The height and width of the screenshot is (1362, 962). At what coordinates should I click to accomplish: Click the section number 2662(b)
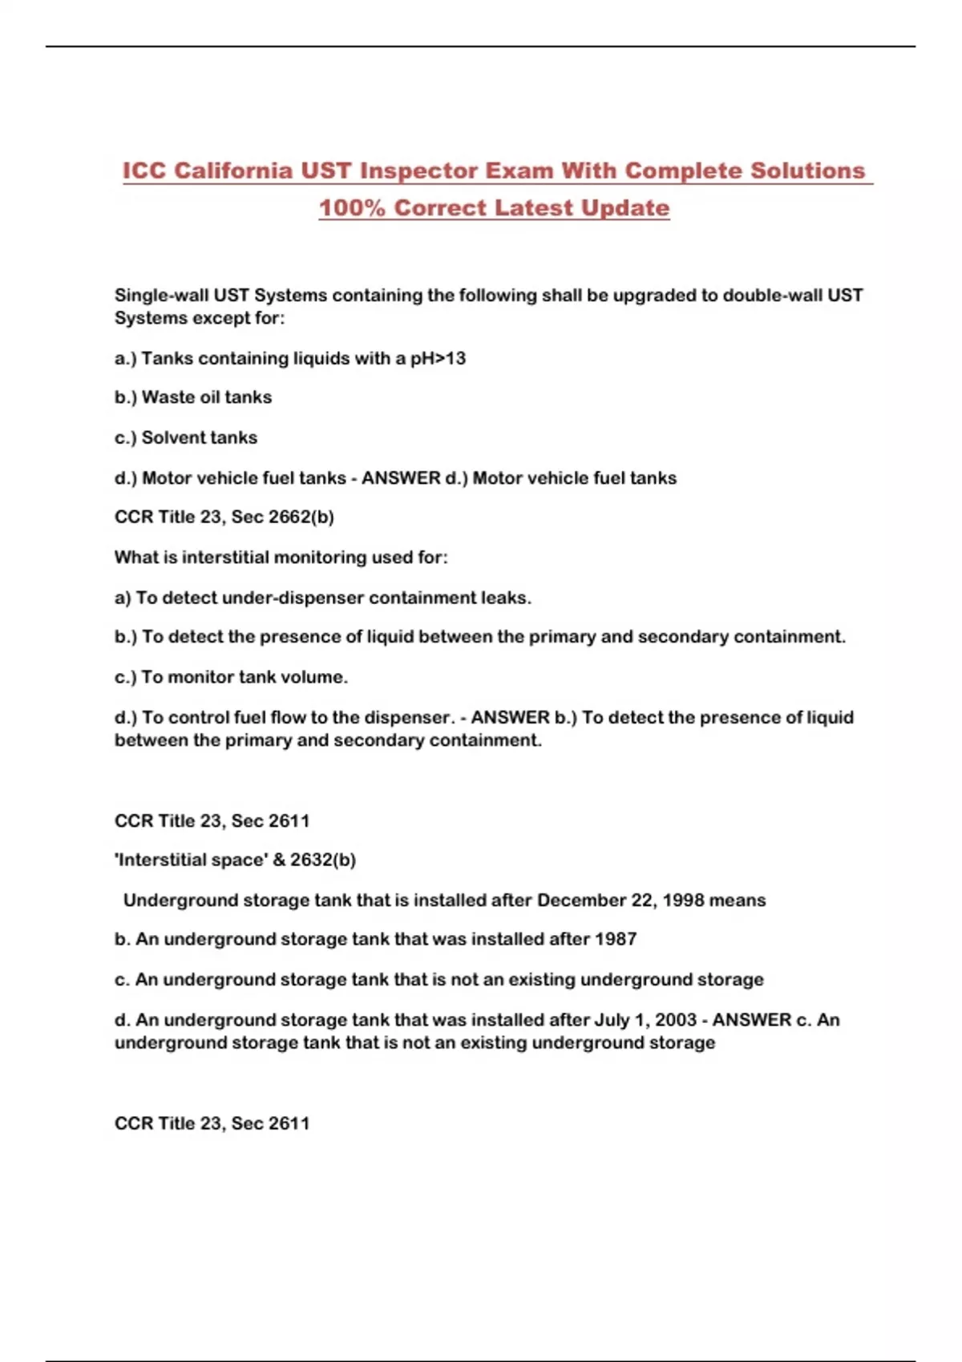(x=301, y=517)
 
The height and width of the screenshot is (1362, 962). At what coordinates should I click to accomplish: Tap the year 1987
(x=616, y=939)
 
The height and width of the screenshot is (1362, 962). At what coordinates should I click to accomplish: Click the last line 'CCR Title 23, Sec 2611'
(x=212, y=1123)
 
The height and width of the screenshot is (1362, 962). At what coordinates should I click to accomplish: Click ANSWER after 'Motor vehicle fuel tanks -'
(x=401, y=478)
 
